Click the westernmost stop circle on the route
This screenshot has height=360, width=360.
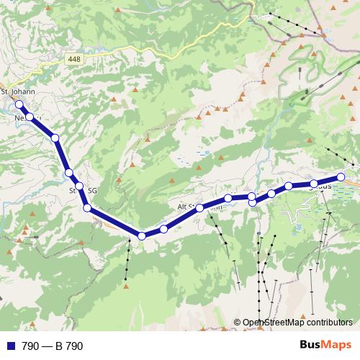coord(19,105)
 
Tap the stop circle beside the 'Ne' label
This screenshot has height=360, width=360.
coord(30,117)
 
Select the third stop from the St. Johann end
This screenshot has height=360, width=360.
coord(55,137)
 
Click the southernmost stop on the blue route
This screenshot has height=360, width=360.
coord(142,235)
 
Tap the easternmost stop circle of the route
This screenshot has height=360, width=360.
coord(341,176)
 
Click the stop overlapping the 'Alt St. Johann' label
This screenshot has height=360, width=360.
coord(199,208)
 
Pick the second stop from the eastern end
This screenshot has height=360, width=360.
coord(315,184)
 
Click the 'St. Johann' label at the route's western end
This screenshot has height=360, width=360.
coord(18,92)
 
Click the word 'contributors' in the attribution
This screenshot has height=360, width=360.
coord(329,323)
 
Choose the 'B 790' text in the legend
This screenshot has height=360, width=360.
coord(69,346)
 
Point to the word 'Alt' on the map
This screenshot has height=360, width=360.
coord(182,207)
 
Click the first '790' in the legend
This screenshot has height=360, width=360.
coord(30,346)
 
